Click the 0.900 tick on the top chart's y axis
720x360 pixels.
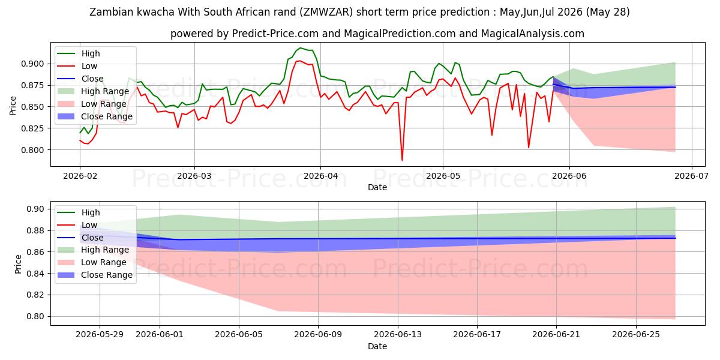[x=32, y=64]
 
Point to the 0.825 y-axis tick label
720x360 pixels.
[x=32, y=128]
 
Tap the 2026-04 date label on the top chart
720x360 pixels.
[x=320, y=176]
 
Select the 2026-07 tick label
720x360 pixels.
[x=691, y=176]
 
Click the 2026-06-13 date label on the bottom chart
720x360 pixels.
[x=398, y=334]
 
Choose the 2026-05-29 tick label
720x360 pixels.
[x=100, y=334]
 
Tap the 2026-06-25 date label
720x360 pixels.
[x=636, y=334]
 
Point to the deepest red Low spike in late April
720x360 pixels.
[x=402, y=160]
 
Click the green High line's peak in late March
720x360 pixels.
[x=301, y=48]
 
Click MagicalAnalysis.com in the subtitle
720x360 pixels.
[x=532, y=34]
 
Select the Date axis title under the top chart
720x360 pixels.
[x=377, y=187]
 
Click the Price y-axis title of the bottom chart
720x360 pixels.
[x=18, y=264]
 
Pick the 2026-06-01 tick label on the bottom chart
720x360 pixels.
[x=160, y=334]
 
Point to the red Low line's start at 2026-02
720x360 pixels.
[x=80, y=140]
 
